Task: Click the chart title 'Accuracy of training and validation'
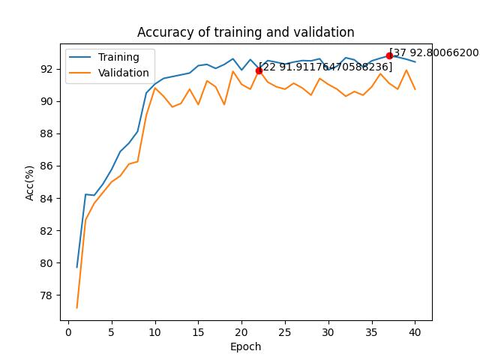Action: click(x=245, y=32)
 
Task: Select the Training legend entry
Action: click(x=104, y=57)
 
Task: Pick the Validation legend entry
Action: click(x=109, y=73)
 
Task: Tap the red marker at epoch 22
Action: click(x=259, y=70)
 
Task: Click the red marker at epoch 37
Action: click(x=389, y=55)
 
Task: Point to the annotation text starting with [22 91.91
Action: click(x=325, y=67)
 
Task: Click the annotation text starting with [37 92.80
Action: click(x=434, y=52)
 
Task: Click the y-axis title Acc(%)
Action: click(x=29, y=183)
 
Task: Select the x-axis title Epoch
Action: click(x=245, y=346)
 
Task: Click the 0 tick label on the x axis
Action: click(x=68, y=331)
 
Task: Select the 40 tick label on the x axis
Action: click(x=415, y=331)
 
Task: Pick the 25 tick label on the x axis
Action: click(x=285, y=331)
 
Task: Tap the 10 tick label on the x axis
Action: click(x=155, y=331)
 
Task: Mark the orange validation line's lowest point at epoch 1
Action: click(x=76, y=308)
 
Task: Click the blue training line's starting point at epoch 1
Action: click(x=76, y=268)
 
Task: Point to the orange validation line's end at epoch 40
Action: click(x=415, y=89)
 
